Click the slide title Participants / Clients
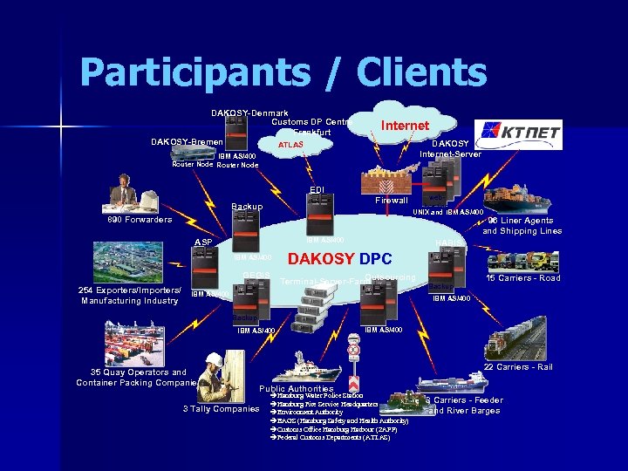point(283,73)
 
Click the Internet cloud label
point(405,126)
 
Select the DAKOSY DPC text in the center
point(340,259)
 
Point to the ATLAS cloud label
point(290,145)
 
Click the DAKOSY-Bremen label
point(187,141)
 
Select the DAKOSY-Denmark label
point(249,113)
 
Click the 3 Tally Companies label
point(221,409)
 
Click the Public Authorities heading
point(297,388)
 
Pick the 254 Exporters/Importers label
point(130,290)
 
